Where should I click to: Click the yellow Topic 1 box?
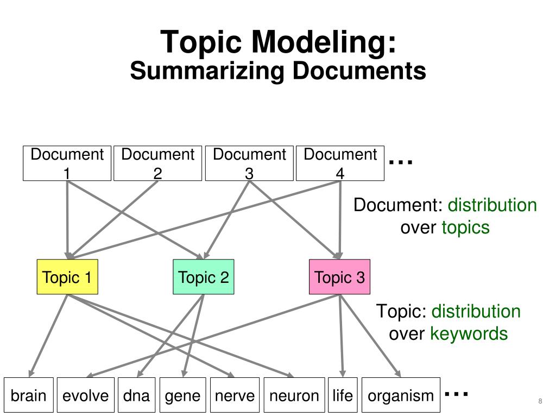click(67, 277)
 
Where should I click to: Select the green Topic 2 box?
click(204, 277)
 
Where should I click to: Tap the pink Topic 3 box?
click(340, 277)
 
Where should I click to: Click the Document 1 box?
click(67, 163)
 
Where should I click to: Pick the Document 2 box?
click(158, 163)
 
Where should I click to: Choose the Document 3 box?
click(249, 163)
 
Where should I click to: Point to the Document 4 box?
click(340, 163)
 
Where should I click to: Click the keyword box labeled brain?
click(29, 395)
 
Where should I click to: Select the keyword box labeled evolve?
click(86, 395)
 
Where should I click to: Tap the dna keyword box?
click(136, 395)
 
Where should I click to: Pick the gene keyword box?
click(183, 395)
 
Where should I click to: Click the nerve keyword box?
click(235, 395)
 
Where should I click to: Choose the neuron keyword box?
click(294, 395)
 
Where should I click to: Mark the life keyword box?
click(343, 395)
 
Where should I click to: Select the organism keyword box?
click(401, 395)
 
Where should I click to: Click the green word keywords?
click(469, 334)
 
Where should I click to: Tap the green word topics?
click(465, 228)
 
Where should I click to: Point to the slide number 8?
click(540, 401)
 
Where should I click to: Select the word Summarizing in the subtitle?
click(207, 71)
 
